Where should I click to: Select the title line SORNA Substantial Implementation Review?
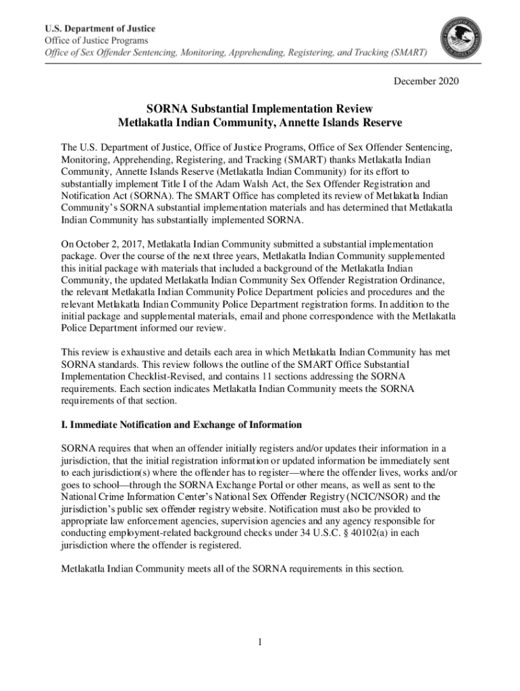click(x=260, y=109)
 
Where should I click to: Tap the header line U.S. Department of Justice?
click(x=100, y=29)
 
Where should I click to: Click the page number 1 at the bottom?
click(x=259, y=641)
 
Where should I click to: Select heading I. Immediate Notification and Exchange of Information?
click(x=182, y=424)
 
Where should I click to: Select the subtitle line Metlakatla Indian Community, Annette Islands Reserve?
click(x=260, y=123)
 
